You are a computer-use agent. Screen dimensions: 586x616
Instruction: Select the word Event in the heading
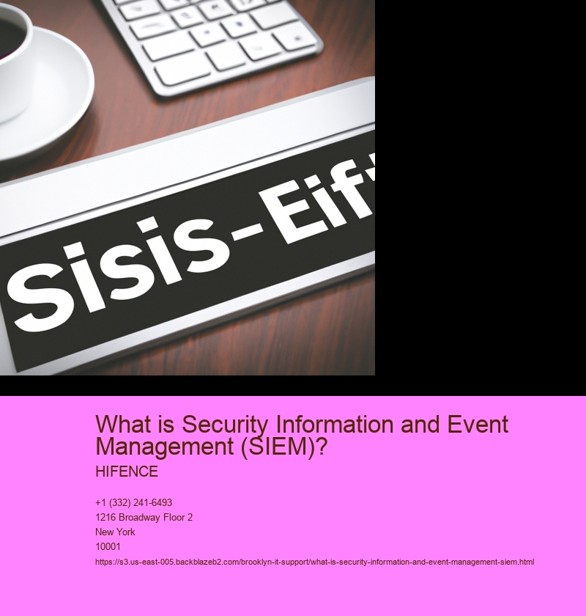[478, 424]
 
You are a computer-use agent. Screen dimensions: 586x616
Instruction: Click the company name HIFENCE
[127, 472]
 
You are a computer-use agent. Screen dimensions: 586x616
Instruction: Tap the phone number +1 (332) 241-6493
[134, 503]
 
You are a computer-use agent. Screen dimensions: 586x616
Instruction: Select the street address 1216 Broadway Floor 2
[144, 518]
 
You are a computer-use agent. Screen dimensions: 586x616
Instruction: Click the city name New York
[115, 532]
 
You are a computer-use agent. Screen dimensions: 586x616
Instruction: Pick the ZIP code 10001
[108, 546]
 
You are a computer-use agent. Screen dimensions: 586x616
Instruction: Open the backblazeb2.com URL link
[314, 562]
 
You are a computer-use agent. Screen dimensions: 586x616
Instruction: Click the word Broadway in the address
[137, 518]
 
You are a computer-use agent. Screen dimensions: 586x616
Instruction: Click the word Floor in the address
[171, 518]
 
